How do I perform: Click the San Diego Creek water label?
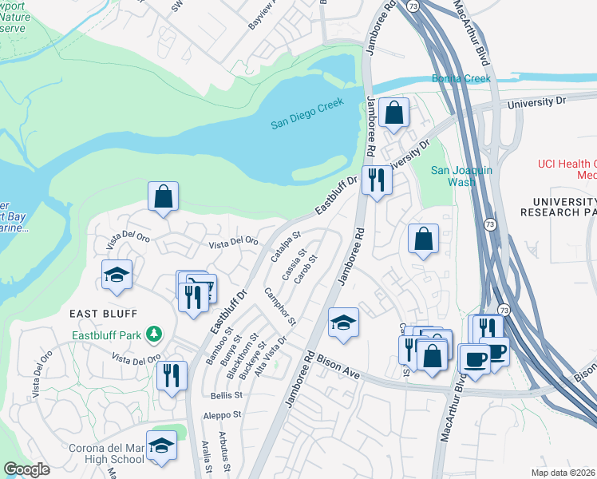coord(306,113)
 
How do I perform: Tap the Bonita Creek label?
coord(462,78)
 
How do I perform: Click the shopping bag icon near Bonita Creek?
coord(393,113)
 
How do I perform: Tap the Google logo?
coord(27,469)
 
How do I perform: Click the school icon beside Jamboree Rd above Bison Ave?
coord(343,323)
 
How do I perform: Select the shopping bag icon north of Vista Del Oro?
coord(163,196)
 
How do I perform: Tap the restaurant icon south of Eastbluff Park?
coord(172,375)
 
